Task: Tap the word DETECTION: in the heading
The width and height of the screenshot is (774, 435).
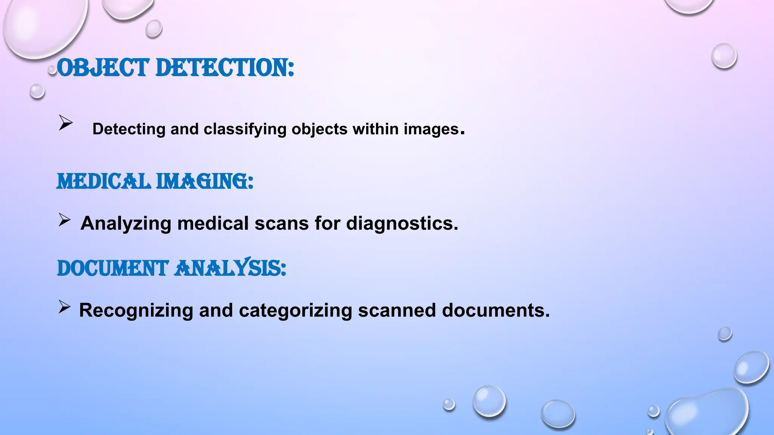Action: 224,68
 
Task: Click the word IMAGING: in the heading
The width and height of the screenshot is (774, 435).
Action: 204,182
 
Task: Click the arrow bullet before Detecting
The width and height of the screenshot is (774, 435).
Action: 65,123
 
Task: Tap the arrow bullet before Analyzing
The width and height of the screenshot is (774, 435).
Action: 64,220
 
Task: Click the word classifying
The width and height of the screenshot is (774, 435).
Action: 245,130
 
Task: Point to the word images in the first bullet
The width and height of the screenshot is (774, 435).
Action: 431,130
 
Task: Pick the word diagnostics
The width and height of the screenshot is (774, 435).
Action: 402,223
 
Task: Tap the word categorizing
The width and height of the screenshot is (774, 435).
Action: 296,310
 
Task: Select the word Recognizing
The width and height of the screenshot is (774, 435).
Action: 136,311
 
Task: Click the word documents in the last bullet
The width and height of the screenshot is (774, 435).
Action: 495,310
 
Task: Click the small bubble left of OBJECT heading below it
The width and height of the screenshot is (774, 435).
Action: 37,91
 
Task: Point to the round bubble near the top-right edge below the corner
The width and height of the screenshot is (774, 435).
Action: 724,56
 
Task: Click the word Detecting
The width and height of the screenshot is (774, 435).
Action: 129,130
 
